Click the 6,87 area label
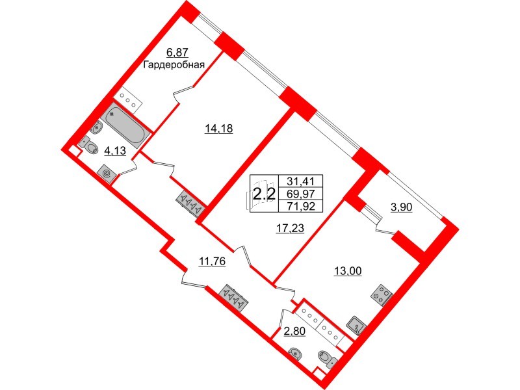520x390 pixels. click(x=177, y=53)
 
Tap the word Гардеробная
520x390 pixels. click(x=173, y=64)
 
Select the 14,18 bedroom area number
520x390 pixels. click(x=218, y=127)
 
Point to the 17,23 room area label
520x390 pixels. click(x=290, y=228)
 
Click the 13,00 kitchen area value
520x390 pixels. click(x=347, y=271)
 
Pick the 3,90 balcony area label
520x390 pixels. click(x=401, y=207)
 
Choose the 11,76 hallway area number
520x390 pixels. click(x=212, y=261)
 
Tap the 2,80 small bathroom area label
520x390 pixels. click(x=294, y=331)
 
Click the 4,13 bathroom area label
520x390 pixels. click(x=115, y=151)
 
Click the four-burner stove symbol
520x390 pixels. click(x=382, y=294)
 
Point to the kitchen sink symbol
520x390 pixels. click(x=356, y=325)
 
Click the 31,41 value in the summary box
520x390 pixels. click(x=301, y=181)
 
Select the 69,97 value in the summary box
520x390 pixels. click(x=301, y=193)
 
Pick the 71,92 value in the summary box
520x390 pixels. click(x=301, y=206)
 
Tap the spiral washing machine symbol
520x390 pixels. click(x=107, y=173)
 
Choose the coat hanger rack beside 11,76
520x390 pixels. click(x=235, y=298)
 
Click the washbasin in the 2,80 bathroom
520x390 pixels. click(x=295, y=354)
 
